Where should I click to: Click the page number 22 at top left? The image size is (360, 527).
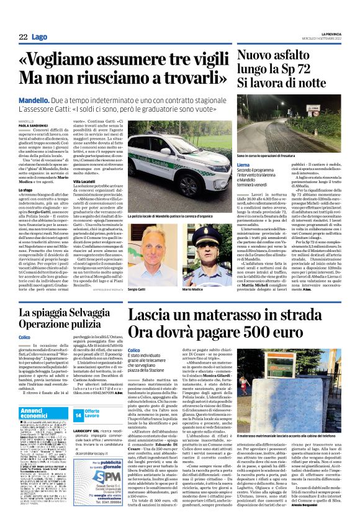coord(22,38)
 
